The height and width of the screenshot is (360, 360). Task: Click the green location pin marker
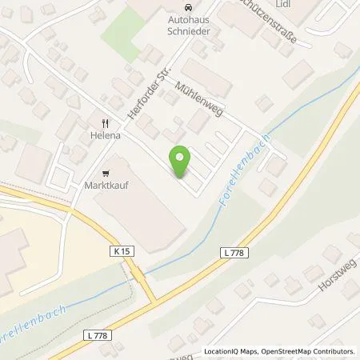182,162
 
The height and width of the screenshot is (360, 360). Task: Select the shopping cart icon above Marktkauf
106,172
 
